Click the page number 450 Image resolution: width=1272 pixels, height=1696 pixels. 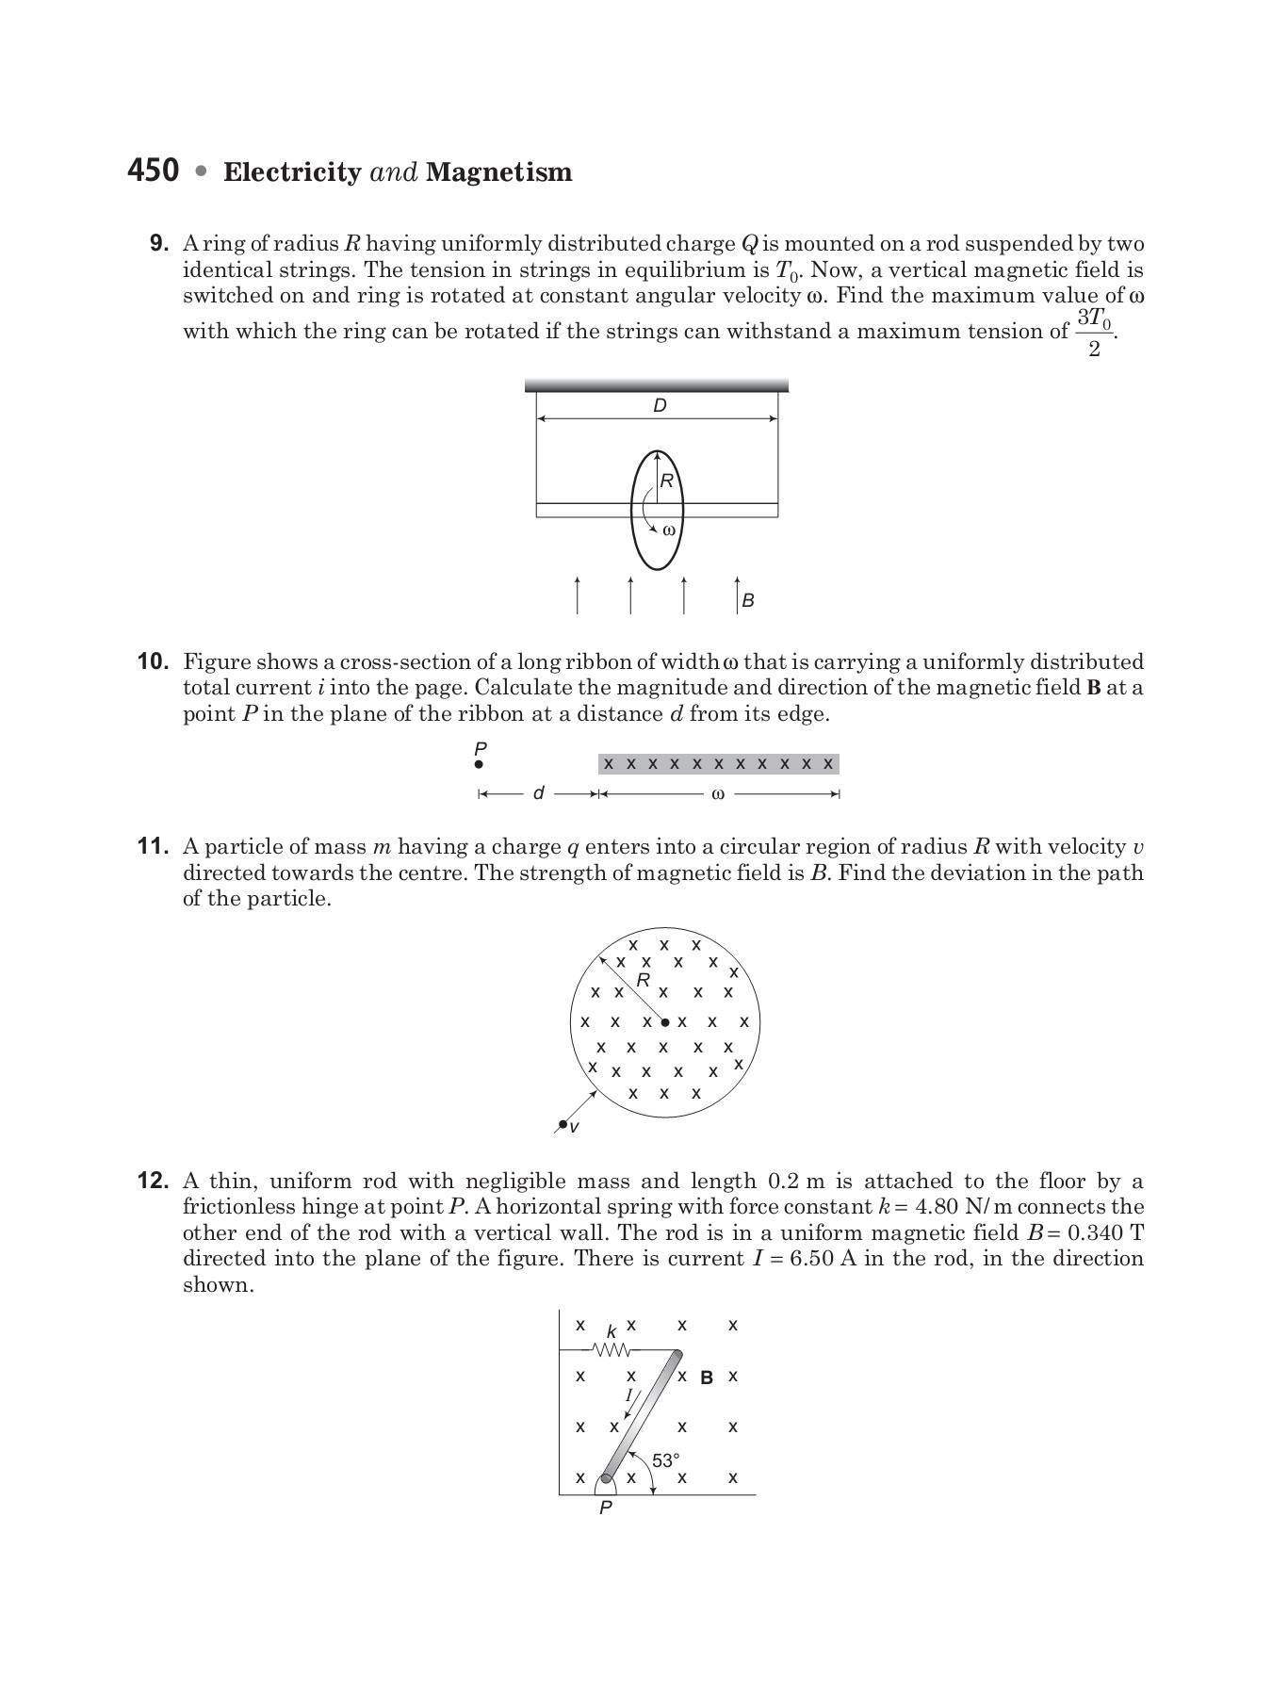153,171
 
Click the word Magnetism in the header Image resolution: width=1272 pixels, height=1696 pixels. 498,172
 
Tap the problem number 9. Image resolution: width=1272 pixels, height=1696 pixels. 159,244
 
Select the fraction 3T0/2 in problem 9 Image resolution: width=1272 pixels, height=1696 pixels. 1094,333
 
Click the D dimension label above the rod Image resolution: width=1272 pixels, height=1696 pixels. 660,406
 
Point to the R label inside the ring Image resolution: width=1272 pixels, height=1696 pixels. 666,481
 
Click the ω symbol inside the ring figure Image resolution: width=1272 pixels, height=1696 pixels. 669,530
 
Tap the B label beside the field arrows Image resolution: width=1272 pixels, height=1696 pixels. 748,600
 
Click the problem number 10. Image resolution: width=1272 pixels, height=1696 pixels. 153,661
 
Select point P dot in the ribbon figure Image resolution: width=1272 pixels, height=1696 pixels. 479,765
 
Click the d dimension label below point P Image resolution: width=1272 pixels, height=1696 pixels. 538,793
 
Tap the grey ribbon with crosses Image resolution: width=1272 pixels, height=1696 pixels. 718,764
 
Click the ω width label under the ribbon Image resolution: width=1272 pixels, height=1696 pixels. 717,794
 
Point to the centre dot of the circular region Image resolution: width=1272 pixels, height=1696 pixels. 665,1021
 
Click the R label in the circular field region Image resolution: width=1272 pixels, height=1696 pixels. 643,980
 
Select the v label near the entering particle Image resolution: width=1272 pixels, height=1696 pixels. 574,1126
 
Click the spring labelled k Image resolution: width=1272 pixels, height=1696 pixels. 612,1349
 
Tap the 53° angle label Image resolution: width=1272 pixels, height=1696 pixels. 665,1460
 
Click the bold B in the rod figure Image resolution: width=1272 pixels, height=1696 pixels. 707,1378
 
